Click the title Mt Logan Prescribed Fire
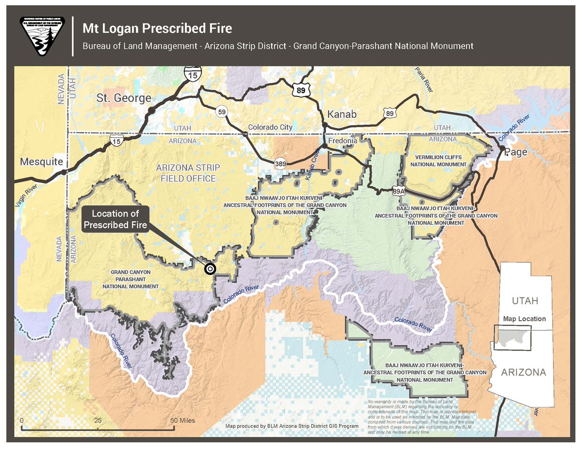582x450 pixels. pyautogui.click(x=157, y=28)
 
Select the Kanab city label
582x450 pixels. pyautogui.click(x=342, y=115)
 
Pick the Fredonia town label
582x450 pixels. pyautogui.click(x=343, y=141)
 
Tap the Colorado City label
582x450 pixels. pyautogui.click(x=270, y=127)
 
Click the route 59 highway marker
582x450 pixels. pyautogui.click(x=222, y=112)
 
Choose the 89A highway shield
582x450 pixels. pyautogui.click(x=399, y=190)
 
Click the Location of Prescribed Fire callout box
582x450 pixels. pyautogui.click(x=115, y=219)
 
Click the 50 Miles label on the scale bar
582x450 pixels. pyautogui.click(x=184, y=420)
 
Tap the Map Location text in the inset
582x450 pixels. pyautogui.click(x=524, y=319)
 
